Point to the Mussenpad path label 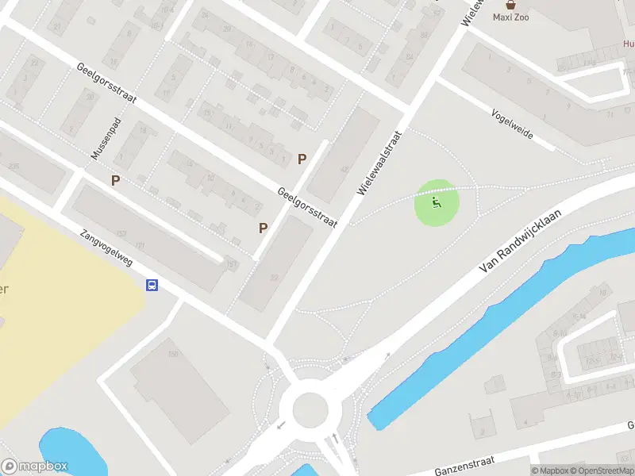tap(103, 136)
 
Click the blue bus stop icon tap(152, 286)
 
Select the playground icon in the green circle tap(437, 204)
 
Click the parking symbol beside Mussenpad tap(116, 181)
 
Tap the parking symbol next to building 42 tap(302, 159)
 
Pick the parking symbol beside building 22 tap(263, 228)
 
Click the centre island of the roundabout tap(310, 410)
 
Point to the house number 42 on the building tap(344, 170)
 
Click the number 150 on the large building tap(173, 353)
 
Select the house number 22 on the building tap(274, 277)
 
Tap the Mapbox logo tap(35, 466)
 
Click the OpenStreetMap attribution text tap(601, 470)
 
